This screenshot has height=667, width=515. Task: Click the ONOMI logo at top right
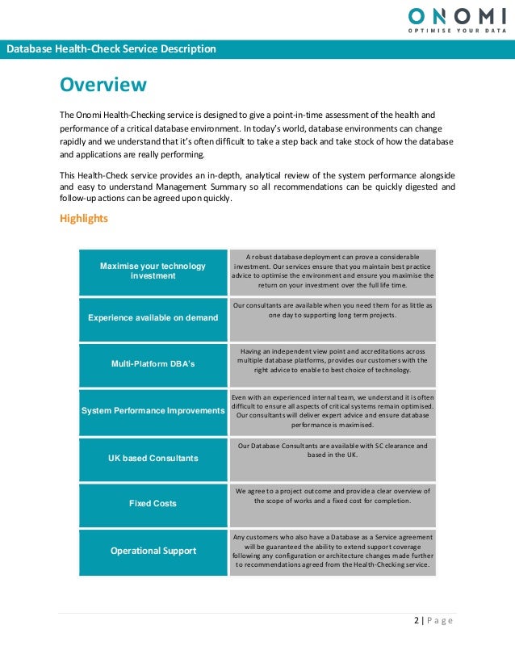(457, 15)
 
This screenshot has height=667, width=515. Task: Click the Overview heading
(103, 85)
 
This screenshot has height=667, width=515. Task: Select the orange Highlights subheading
(85, 219)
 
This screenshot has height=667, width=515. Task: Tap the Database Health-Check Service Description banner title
(111, 49)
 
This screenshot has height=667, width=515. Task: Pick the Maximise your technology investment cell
(153, 271)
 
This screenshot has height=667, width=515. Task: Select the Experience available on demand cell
(153, 317)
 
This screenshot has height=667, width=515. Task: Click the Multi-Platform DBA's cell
(153, 364)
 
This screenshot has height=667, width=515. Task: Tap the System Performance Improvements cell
(153, 411)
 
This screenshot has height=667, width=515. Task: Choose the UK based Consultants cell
(153, 458)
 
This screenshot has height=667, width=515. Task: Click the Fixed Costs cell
(153, 504)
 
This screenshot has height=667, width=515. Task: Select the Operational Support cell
(153, 551)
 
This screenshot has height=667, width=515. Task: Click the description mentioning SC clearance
(333, 450)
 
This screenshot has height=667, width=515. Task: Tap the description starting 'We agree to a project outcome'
(333, 496)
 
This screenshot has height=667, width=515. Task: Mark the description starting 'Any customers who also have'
(333, 551)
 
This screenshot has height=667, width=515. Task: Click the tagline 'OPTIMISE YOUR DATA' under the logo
(457, 31)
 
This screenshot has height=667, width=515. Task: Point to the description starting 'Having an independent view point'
(333, 360)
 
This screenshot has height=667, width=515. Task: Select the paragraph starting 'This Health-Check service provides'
(257, 187)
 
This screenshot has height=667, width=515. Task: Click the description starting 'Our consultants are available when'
(333, 311)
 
